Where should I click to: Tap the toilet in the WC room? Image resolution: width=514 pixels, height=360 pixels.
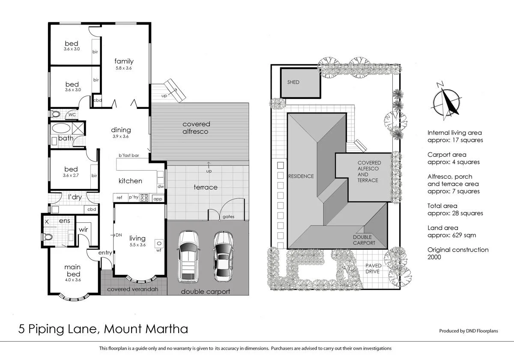tap(55, 115)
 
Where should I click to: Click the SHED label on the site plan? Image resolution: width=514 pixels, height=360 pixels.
tap(293, 82)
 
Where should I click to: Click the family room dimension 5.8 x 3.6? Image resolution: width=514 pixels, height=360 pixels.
tap(124, 68)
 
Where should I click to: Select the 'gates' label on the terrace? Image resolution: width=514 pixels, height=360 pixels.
tap(228, 217)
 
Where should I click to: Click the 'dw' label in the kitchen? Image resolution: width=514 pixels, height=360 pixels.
tap(160, 186)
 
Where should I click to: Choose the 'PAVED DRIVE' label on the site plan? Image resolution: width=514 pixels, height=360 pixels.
tap(373, 268)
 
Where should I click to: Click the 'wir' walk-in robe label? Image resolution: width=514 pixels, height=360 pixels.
tap(83, 229)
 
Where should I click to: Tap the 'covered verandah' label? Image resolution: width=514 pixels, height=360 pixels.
tap(132, 289)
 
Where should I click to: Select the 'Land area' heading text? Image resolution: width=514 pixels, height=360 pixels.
tap(442, 228)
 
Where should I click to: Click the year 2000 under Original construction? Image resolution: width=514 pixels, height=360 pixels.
tap(434, 257)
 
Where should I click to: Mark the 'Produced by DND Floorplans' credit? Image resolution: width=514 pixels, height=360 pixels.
tap(469, 331)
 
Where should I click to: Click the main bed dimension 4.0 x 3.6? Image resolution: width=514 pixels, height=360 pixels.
tap(72, 279)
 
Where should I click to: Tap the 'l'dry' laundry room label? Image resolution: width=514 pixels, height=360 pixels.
tap(75, 197)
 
